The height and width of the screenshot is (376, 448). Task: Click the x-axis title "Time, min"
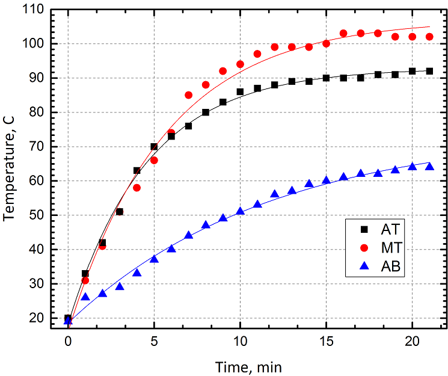[248, 365]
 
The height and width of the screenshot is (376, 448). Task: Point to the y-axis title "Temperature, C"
[10, 170]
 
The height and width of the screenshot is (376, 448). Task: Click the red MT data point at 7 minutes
[188, 95]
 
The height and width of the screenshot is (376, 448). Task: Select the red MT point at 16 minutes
[343, 34]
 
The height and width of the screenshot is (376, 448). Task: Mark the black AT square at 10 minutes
[240, 92]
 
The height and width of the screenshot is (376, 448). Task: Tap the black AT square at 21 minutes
[429, 71]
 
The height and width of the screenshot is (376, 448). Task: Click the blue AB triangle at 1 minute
[85, 297]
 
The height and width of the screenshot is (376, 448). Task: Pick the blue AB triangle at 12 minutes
[274, 194]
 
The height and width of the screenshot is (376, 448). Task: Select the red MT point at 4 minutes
[137, 188]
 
